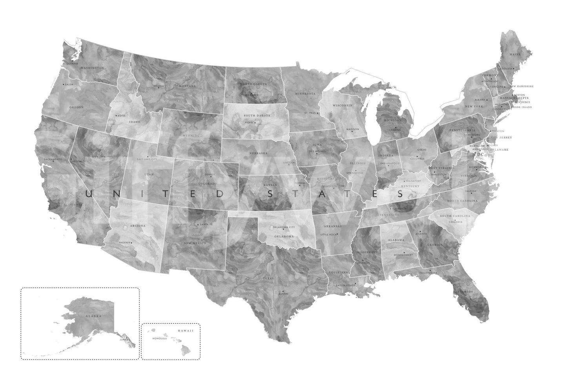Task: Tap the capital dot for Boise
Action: pos(117,116)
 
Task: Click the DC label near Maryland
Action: pos(480,155)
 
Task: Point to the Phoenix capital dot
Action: pos(131,243)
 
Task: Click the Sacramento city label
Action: pos(53,159)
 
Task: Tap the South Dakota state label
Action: pos(257,116)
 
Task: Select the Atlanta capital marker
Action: pos(420,232)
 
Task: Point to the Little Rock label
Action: pos(328,235)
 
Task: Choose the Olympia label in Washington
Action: pos(73,64)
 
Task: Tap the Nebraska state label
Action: pos(258,153)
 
